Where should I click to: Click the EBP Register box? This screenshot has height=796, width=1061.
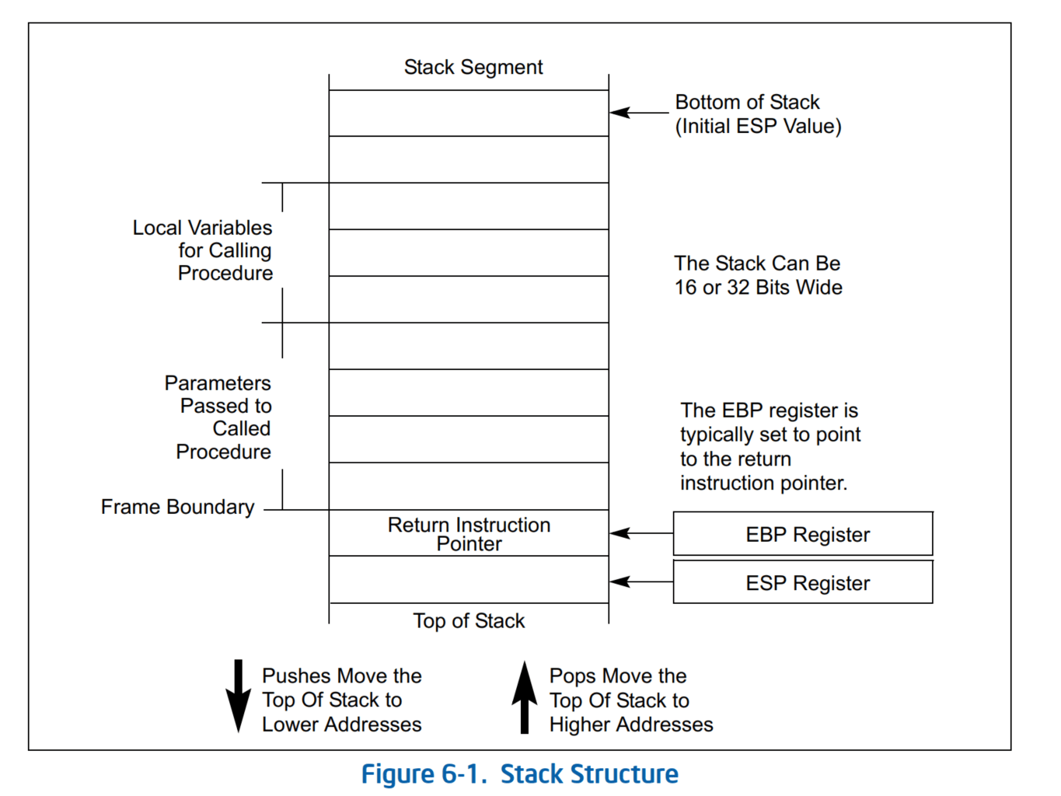click(802, 534)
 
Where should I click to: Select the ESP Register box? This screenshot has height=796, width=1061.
click(802, 582)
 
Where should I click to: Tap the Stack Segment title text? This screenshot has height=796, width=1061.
click(473, 68)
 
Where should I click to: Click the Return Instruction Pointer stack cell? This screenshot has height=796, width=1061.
click(469, 534)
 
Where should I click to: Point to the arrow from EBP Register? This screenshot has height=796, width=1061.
click(640, 533)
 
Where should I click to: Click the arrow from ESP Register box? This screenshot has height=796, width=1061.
click(640, 581)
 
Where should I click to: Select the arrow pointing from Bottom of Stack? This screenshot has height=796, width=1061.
click(639, 113)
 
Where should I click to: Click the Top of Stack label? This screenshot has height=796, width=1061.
click(469, 621)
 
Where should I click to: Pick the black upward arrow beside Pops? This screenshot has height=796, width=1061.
click(525, 697)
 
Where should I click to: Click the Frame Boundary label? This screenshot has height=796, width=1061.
click(177, 508)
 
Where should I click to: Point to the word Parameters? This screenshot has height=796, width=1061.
click(218, 383)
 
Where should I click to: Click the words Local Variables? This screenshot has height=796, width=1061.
click(202, 228)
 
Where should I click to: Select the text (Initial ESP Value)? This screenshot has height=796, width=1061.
click(758, 127)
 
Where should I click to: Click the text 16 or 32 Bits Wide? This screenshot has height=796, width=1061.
click(758, 288)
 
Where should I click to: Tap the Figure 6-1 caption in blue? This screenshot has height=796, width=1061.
click(519, 774)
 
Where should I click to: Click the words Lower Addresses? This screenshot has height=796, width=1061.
click(341, 724)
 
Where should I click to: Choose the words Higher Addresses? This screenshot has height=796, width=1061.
click(630, 724)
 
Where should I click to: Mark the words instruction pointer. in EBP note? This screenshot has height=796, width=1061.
click(763, 484)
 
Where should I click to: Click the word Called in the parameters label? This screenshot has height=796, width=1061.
click(242, 429)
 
